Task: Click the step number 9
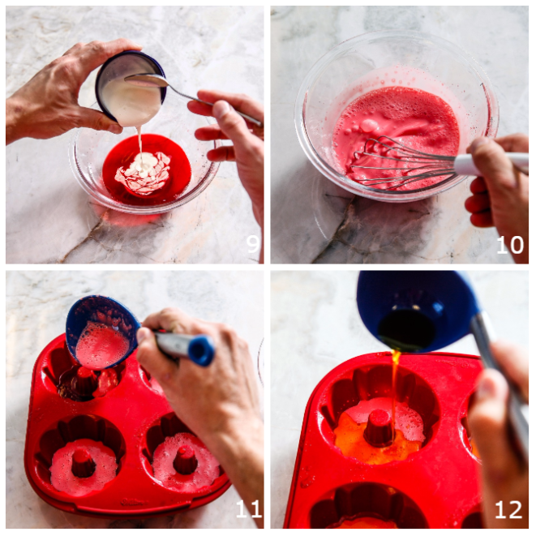tap(253, 244)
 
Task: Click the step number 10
tap(510, 245)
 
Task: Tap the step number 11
tap(249, 509)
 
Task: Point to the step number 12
tap(508, 510)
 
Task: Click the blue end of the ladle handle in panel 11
tap(201, 351)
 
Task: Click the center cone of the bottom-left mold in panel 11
tap(83, 463)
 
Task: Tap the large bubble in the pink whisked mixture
tap(369, 126)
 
